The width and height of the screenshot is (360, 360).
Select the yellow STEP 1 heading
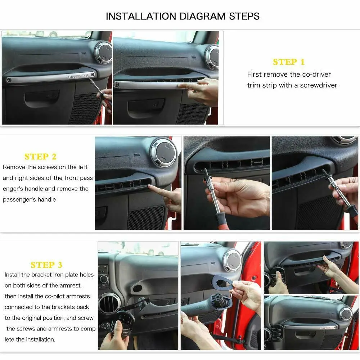(289, 62)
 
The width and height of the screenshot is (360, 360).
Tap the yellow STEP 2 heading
(40, 157)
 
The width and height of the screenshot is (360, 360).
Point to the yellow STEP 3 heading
(46, 265)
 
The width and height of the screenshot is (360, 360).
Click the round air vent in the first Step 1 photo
(104, 53)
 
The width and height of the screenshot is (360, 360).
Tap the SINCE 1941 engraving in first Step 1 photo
(78, 76)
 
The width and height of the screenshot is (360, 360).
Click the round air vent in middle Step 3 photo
(232, 260)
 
